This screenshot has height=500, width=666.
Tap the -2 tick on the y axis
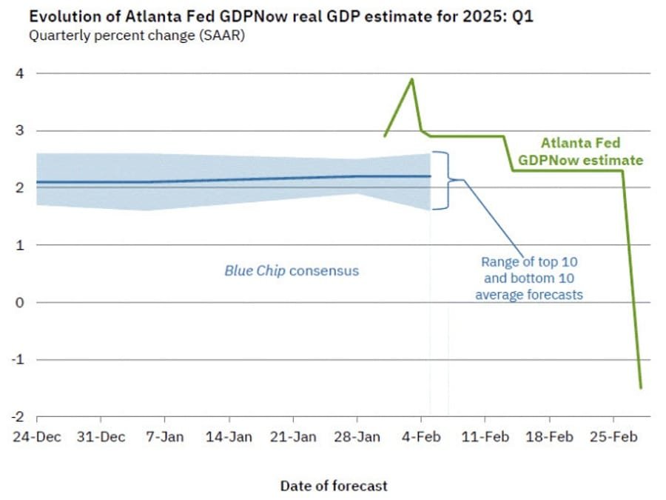point(20,416)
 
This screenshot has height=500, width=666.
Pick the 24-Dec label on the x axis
point(37,437)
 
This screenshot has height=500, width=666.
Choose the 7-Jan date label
point(164,437)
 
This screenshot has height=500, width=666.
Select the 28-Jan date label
point(357,437)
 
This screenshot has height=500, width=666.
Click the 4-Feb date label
point(420,437)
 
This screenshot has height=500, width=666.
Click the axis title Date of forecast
point(333,486)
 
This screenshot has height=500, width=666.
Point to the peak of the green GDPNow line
point(412,79)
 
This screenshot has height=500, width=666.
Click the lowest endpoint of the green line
point(641,387)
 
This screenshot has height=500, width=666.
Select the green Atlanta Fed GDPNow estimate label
point(580,151)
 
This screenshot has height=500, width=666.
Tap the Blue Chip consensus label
point(291,270)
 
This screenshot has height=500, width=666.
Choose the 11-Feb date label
point(485,437)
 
